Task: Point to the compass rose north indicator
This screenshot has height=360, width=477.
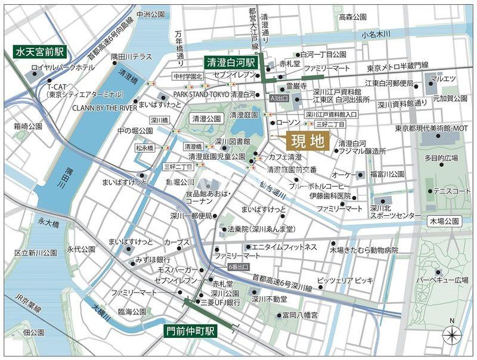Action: coord(452,334)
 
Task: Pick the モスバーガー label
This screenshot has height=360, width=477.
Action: coord(173,270)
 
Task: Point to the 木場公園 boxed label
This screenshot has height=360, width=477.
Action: coord(444,221)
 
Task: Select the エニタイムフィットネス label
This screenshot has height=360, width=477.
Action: coord(284,247)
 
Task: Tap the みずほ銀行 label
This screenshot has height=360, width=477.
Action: coord(153,260)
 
